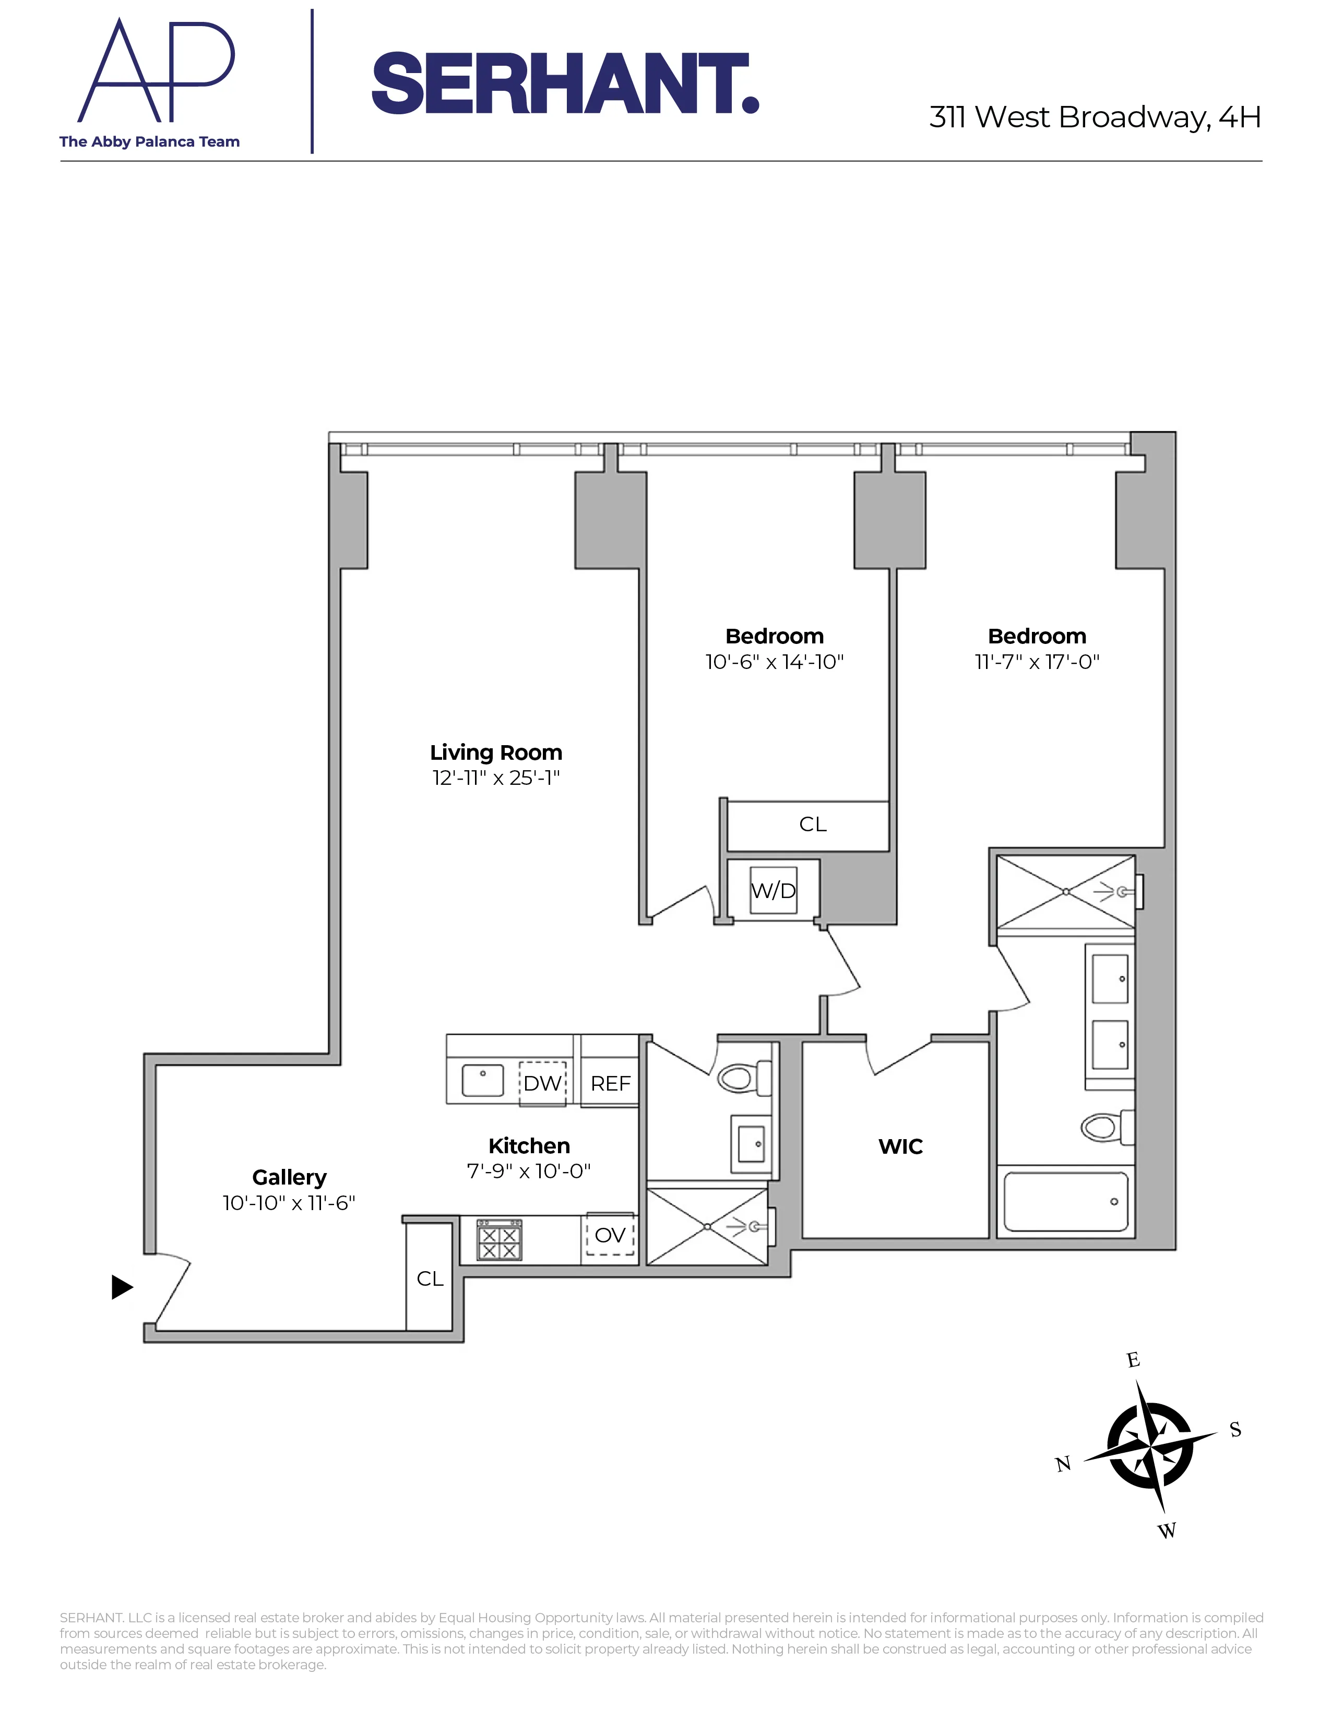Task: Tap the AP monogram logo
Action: (x=156, y=73)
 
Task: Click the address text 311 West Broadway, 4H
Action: (x=1095, y=117)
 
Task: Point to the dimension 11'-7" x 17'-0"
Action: (x=1037, y=662)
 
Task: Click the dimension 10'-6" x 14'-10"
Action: (x=774, y=662)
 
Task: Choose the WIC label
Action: (x=900, y=1146)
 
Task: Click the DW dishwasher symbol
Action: (x=542, y=1083)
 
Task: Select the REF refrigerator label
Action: (x=610, y=1083)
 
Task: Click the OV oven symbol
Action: (x=610, y=1235)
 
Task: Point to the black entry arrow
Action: (x=122, y=1287)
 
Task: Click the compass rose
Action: (x=1150, y=1445)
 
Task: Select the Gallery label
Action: (x=289, y=1177)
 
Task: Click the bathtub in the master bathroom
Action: (x=1065, y=1202)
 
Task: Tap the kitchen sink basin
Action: (x=483, y=1080)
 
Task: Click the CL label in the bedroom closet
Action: (x=812, y=824)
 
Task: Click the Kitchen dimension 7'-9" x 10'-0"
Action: (x=528, y=1171)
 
